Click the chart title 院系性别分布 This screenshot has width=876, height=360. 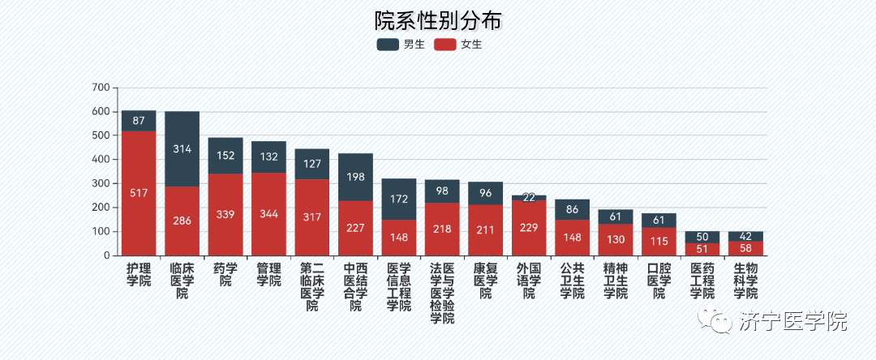tap(437, 19)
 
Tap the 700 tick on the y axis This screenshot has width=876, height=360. tap(101, 88)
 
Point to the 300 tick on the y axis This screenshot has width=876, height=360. tap(101, 183)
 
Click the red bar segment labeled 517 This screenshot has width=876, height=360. tap(139, 193)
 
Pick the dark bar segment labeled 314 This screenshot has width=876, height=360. tap(182, 149)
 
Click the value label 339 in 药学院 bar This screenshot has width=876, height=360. tap(225, 215)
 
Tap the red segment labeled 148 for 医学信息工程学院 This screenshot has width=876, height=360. tap(399, 238)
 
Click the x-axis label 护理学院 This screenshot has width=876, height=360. tap(139, 274)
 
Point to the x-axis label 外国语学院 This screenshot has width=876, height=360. tap(529, 281)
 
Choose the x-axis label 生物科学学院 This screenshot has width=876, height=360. tap(745, 281)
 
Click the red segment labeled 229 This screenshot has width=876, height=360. tap(529, 228)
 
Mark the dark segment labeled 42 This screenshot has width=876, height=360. tap(745, 236)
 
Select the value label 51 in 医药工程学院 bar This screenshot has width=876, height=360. tap(702, 249)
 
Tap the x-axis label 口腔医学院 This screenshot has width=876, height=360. tap(659, 281)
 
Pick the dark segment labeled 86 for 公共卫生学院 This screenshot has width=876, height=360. tap(572, 209)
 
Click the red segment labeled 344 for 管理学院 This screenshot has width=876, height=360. tap(268, 214)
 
